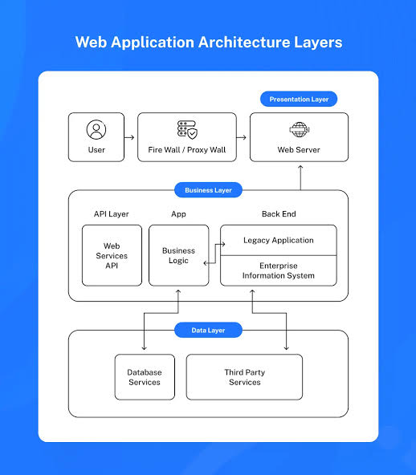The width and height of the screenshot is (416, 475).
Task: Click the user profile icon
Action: (96, 130)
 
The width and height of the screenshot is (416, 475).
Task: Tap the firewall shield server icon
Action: (187, 130)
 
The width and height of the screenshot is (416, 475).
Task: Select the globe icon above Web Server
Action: (300, 130)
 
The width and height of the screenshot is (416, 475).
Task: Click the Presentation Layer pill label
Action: (299, 99)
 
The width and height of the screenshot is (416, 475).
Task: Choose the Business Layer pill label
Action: (208, 190)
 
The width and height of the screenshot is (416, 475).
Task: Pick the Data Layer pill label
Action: (208, 331)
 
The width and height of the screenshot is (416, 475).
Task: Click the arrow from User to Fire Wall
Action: (129, 137)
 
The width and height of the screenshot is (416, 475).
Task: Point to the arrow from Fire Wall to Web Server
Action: (242, 137)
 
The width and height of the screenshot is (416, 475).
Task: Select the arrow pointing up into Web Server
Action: (300, 178)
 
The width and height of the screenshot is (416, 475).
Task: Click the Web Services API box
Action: (112, 255)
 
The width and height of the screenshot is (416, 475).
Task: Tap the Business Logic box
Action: (179, 255)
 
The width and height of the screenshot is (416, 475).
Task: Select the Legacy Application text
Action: (279, 240)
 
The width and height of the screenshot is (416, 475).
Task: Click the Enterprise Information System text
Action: (279, 270)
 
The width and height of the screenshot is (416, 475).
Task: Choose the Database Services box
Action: (145, 377)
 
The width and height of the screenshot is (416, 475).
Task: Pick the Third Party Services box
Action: (244, 377)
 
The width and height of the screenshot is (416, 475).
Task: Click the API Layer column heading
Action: (112, 214)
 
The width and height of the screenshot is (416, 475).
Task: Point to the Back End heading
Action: (279, 214)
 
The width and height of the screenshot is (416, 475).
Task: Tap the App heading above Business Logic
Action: (178, 214)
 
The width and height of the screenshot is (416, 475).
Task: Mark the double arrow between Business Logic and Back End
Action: (215, 254)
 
